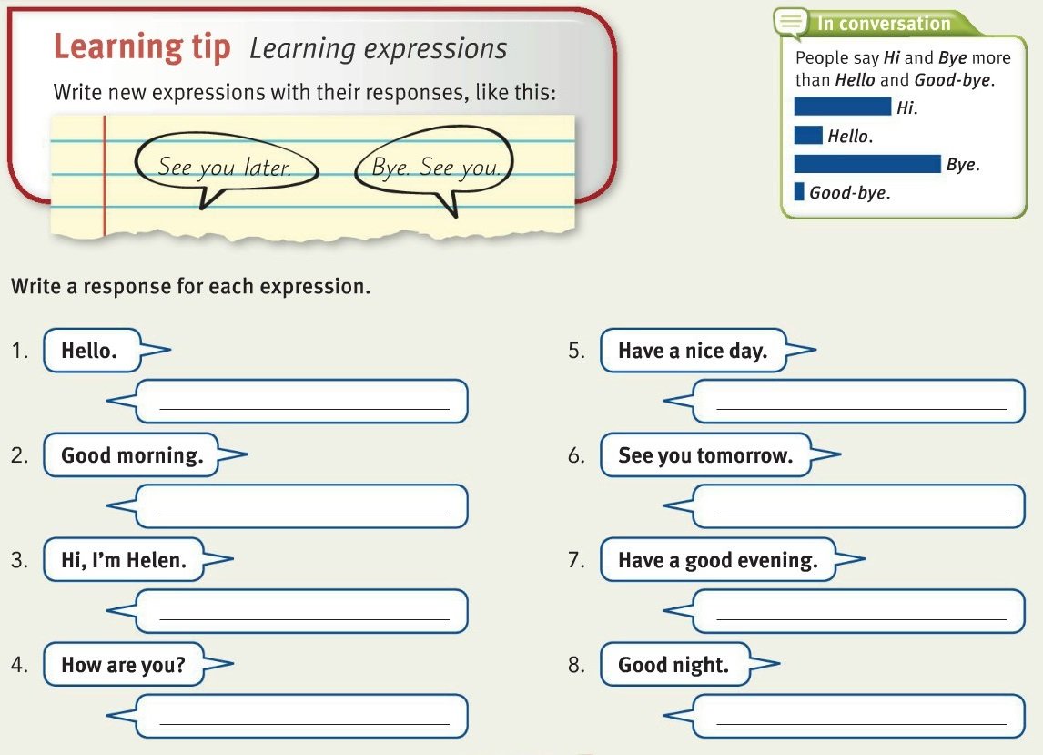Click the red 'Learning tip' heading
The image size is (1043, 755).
click(x=142, y=46)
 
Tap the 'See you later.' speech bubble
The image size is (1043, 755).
click(x=226, y=167)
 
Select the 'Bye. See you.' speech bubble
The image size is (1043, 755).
click(x=434, y=167)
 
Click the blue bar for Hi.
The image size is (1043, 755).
click(x=842, y=107)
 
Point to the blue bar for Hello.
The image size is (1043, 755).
click(x=808, y=135)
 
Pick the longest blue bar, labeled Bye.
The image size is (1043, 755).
click(x=867, y=164)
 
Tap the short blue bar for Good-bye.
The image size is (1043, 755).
click(x=799, y=192)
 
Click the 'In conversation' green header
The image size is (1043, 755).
click(x=884, y=24)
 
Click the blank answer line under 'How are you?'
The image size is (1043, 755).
click(x=305, y=724)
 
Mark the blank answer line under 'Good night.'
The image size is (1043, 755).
click(x=861, y=724)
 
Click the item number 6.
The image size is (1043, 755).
click(x=577, y=455)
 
